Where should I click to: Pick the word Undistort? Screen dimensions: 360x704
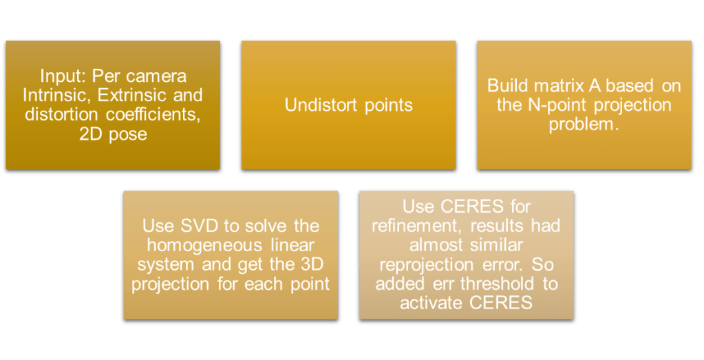[x=321, y=105]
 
